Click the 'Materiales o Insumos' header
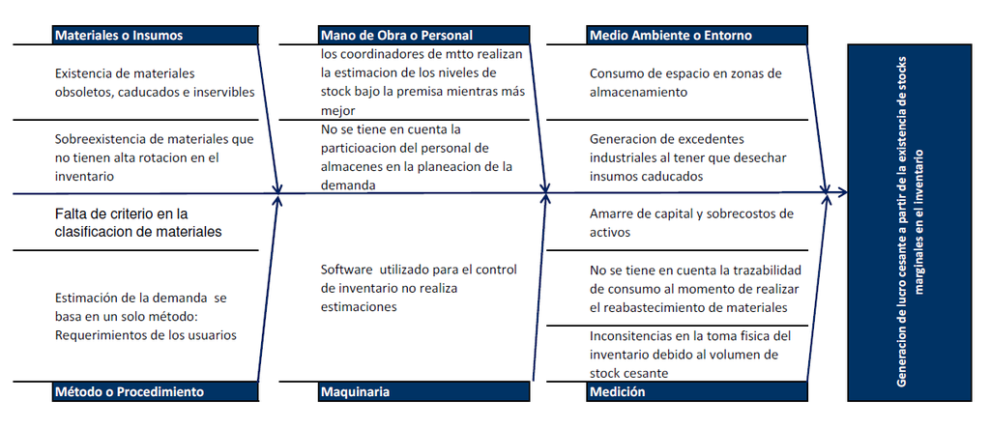tap(156, 36)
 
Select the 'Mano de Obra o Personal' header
tap(423, 36)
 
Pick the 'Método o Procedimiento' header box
tap(156, 391)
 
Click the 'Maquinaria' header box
tap(423, 391)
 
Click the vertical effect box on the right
tap(909, 222)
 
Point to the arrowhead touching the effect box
tap(842, 192)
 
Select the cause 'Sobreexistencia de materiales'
tap(155, 157)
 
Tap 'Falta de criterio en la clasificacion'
tap(138, 222)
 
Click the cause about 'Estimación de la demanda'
tap(146, 316)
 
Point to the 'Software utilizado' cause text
tap(419, 288)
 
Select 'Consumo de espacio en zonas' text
tap(685, 83)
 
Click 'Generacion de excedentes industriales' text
tap(688, 157)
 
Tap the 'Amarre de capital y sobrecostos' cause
tap(691, 222)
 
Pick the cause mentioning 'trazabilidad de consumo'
tap(695, 289)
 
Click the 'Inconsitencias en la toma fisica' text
tap(690, 355)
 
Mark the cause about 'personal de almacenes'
tap(417, 157)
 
